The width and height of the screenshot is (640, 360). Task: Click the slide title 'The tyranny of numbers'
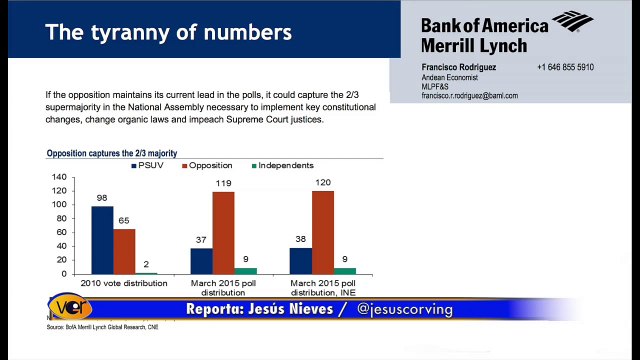pyautogui.click(x=169, y=32)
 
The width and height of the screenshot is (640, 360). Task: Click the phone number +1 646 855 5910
pyautogui.click(x=565, y=67)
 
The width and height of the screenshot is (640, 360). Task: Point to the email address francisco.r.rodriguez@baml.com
pyautogui.click(x=469, y=96)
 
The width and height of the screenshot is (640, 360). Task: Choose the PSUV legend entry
pyautogui.click(x=147, y=165)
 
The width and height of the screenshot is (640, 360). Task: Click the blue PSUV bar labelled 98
pyautogui.click(x=102, y=240)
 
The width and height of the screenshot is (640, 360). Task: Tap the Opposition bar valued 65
pyautogui.click(x=124, y=251)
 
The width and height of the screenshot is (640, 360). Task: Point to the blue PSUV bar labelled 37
pyautogui.click(x=201, y=261)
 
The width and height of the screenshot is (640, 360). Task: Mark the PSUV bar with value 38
pyautogui.click(x=300, y=260)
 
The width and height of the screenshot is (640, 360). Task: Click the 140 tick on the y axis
pyautogui.click(x=60, y=177)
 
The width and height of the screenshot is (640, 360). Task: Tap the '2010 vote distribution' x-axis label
pyautogui.click(x=124, y=284)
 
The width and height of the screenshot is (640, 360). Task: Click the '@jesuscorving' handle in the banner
pyautogui.click(x=404, y=309)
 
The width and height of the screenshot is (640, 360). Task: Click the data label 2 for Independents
pyautogui.click(x=146, y=264)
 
